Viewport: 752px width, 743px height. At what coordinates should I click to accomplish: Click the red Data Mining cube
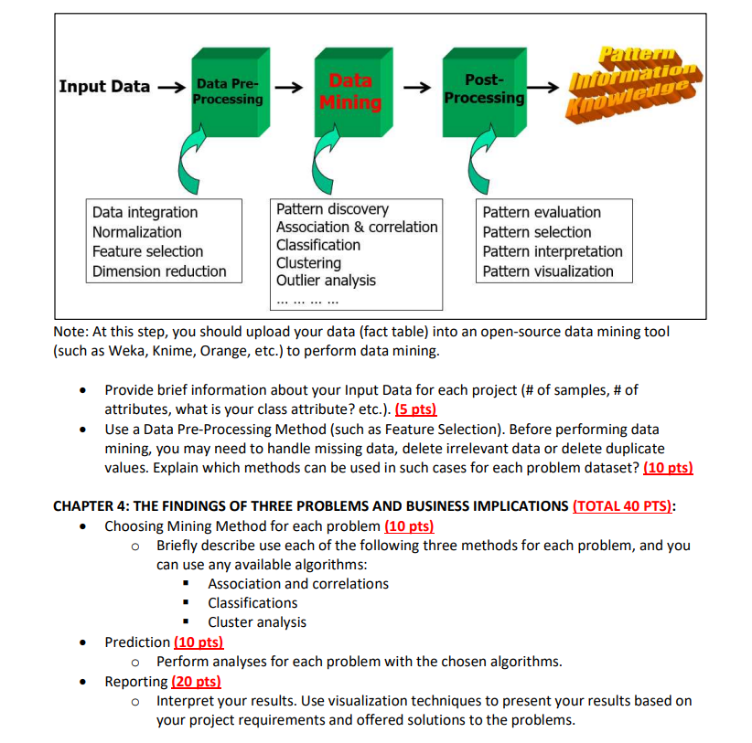click(349, 90)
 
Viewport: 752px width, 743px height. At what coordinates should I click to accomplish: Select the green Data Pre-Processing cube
click(227, 90)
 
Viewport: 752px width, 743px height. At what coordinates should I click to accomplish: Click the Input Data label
click(104, 87)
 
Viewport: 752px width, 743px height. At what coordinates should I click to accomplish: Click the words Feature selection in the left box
click(147, 251)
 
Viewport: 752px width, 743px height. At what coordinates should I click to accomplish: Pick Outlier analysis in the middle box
click(326, 281)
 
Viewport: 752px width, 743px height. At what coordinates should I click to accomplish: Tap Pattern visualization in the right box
click(548, 271)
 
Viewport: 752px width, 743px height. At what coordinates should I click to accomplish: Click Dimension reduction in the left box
click(159, 271)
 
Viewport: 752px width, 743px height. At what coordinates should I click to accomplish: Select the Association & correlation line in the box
click(357, 227)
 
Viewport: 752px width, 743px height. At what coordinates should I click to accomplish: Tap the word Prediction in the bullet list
click(137, 642)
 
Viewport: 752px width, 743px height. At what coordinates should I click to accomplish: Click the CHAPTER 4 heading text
click(310, 506)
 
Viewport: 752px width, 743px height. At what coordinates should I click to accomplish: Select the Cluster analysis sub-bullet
click(257, 622)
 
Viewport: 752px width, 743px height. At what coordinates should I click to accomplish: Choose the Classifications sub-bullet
click(252, 603)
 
